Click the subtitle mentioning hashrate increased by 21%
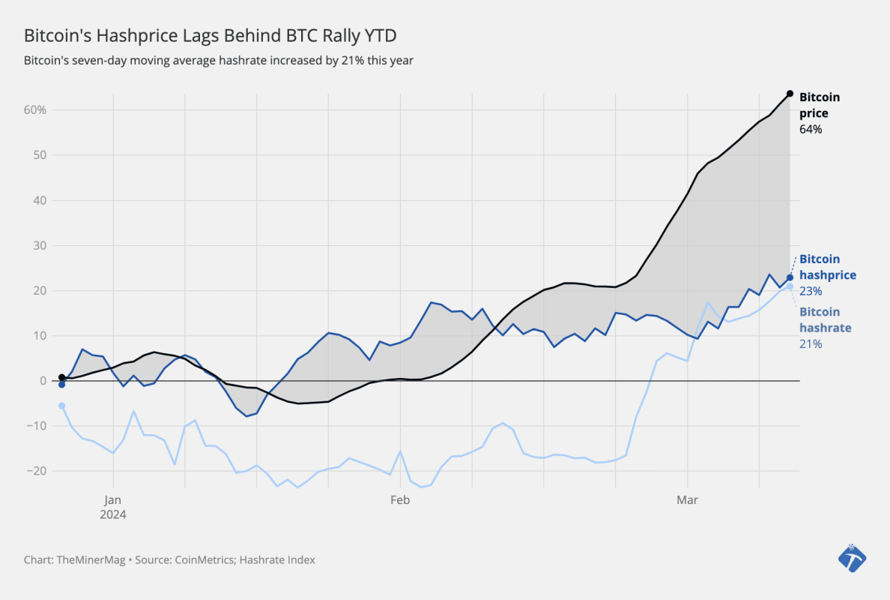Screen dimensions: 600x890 pyautogui.click(x=219, y=60)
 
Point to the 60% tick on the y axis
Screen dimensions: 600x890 pyautogui.click(x=34, y=110)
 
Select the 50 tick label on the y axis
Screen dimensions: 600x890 pyautogui.click(x=40, y=155)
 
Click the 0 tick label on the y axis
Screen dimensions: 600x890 pyautogui.click(x=43, y=381)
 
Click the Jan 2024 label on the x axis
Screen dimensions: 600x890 pyautogui.click(x=113, y=506)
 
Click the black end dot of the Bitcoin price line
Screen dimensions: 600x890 pyautogui.click(x=790, y=94)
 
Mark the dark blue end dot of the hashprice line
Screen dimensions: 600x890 pyautogui.click(x=790, y=277)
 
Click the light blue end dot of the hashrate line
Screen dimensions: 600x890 pyautogui.click(x=790, y=286)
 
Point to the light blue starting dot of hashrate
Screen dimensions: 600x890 pyautogui.click(x=61, y=406)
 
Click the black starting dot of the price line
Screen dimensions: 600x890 pyautogui.click(x=61, y=377)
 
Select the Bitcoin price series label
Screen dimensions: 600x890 pyautogui.click(x=819, y=105)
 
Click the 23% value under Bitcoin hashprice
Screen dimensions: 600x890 pyautogui.click(x=811, y=291)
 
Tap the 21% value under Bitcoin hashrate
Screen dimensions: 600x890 pyautogui.click(x=811, y=344)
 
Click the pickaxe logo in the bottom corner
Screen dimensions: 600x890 pyautogui.click(x=852, y=557)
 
